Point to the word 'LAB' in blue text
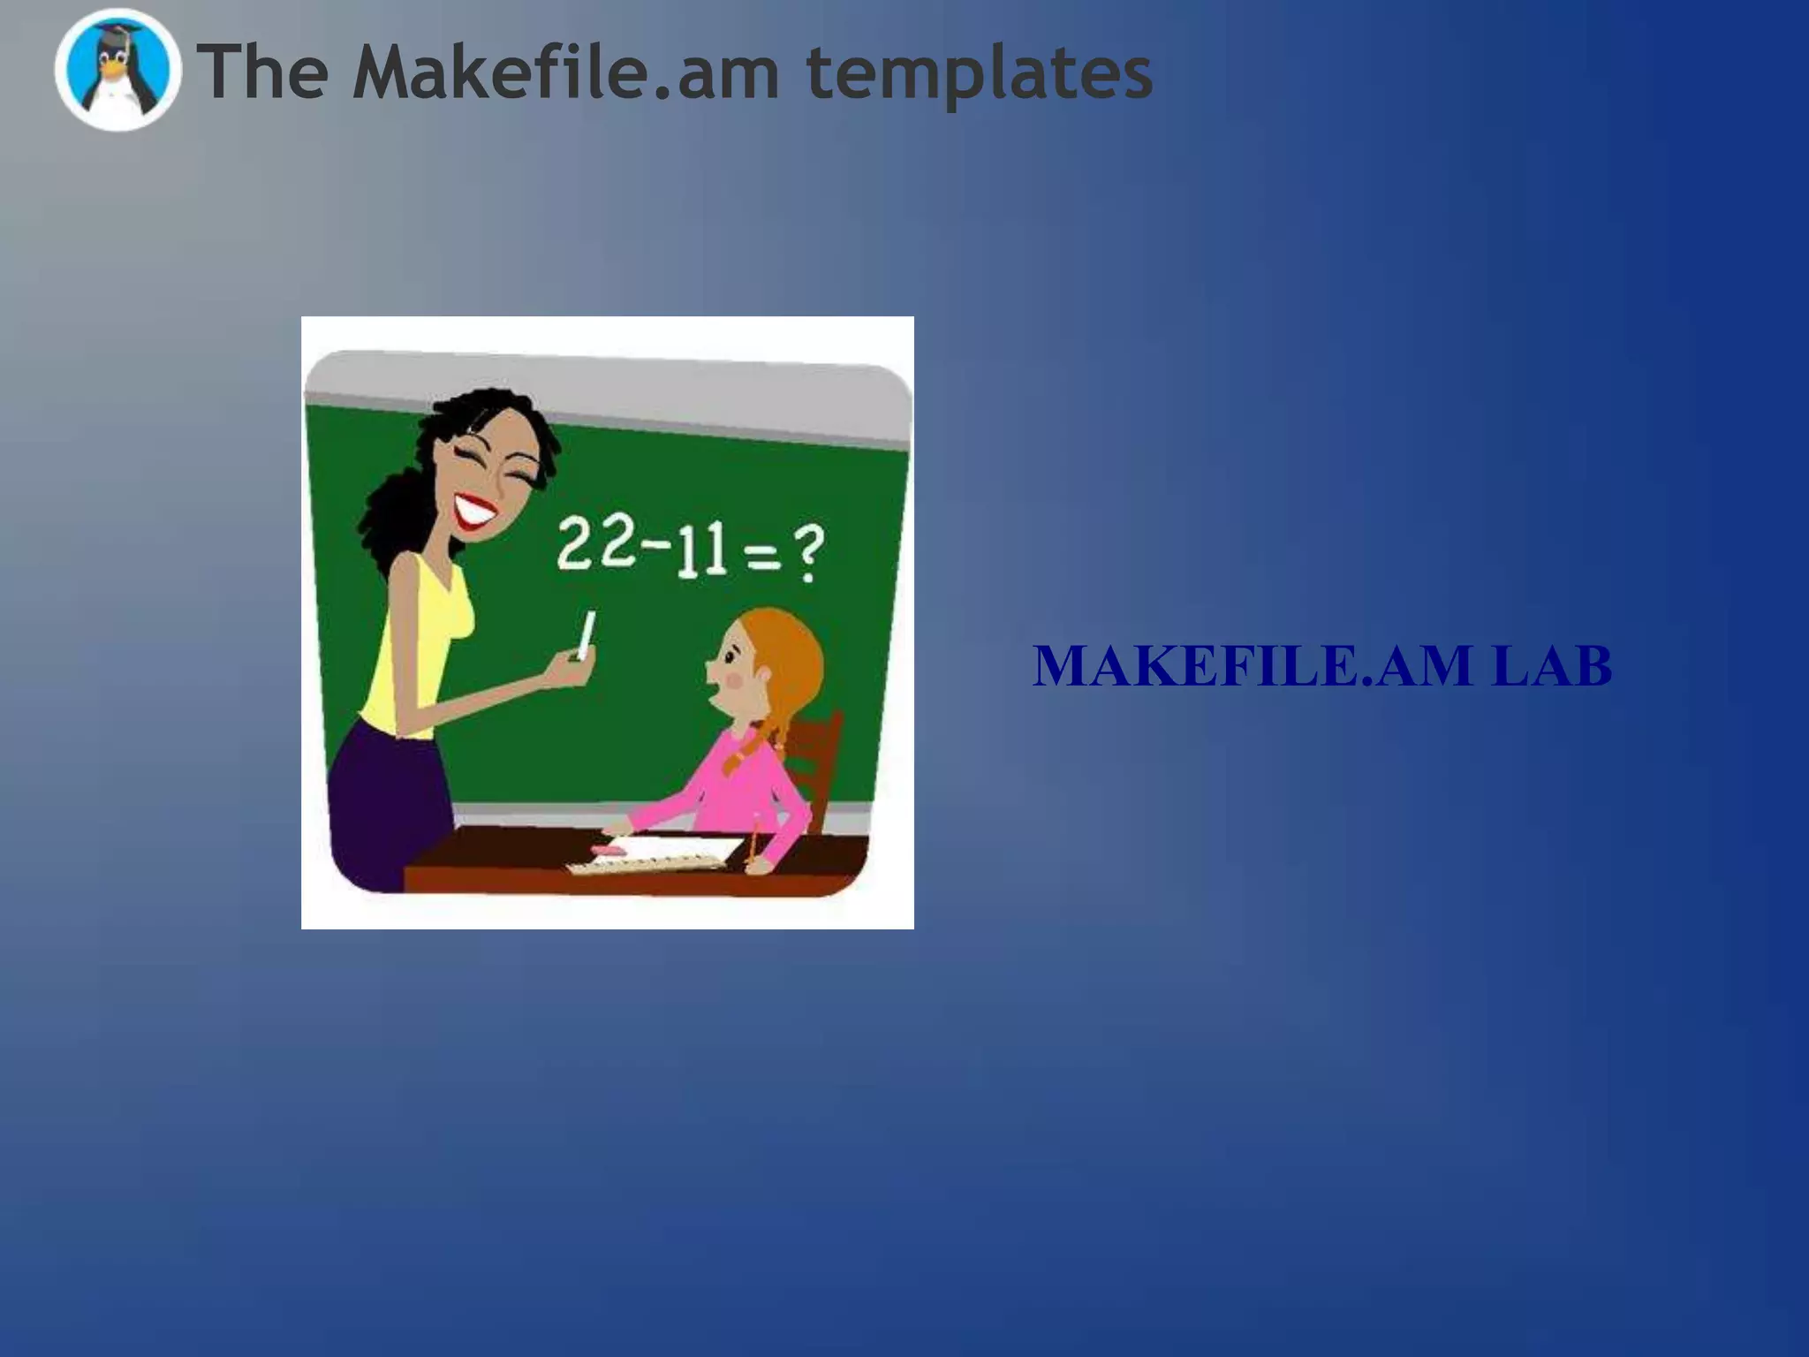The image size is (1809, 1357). pyautogui.click(x=1552, y=666)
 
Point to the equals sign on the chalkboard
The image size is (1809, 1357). pyautogui.click(x=761, y=557)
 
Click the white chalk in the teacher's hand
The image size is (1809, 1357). pyautogui.click(x=586, y=634)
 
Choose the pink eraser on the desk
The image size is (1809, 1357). pyautogui.click(x=607, y=850)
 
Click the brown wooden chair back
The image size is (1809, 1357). pyautogui.click(x=817, y=760)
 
